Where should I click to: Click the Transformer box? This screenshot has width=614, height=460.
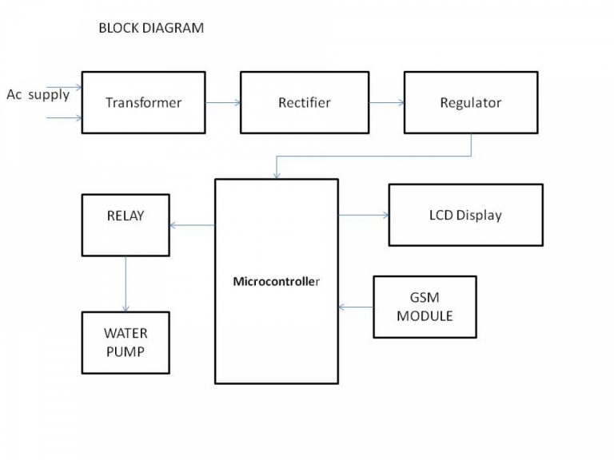pyautogui.click(x=144, y=102)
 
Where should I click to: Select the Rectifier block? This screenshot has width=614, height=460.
pyautogui.click(x=304, y=102)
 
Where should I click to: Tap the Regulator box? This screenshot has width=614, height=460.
pyautogui.click(x=470, y=102)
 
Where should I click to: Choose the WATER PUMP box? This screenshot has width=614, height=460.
pyautogui.click(x=126, y=342)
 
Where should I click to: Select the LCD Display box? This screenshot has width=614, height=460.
pyautogui.click(x=465, y=215)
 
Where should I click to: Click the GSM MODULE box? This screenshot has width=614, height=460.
pyautogui.click(x=425, y=307)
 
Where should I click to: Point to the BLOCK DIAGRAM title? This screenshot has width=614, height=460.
pyautogui.click(x=150, y=28)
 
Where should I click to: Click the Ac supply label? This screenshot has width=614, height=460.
pyautogui.click(x=38, y=95)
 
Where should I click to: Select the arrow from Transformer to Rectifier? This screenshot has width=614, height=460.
pyautogui.click(x=223, y=102)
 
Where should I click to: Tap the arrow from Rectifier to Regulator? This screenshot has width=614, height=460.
pyautogui.click(x=385, y=102)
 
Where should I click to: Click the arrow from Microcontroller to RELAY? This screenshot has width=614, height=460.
pyautogui.click(x=192, y=225)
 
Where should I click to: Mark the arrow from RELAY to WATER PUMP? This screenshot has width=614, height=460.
pyautogui.click(x=126, y=284)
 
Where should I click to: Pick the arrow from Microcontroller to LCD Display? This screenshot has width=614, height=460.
pyautogui.click(x=363, y=215)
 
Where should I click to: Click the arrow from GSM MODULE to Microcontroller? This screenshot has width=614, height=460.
pyautogui.click(x=356, y=307)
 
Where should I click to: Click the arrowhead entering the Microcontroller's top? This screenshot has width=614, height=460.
pyautogui.click(x=276, y=175)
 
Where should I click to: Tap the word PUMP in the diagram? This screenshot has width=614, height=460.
pyautogui.click(x=126, y=351)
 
